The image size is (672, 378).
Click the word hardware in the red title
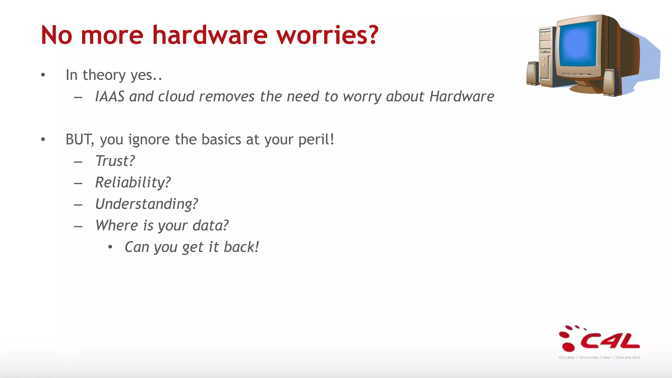[x=210, y=35]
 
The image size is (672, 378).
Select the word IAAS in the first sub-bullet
[x=110, y=96]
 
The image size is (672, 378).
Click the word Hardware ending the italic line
[x=462, y=96]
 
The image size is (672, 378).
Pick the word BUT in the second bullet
[x=79, y=139]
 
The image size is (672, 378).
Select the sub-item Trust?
[x=115, y=161]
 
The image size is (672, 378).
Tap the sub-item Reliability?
[x=133, y=183]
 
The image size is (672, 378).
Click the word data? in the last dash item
[x=210, y=226]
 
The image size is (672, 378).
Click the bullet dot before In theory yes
[x=43, y=75]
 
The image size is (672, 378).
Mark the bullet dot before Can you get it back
[x=110, y=247]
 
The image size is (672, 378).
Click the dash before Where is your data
[x=78, y=226]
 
